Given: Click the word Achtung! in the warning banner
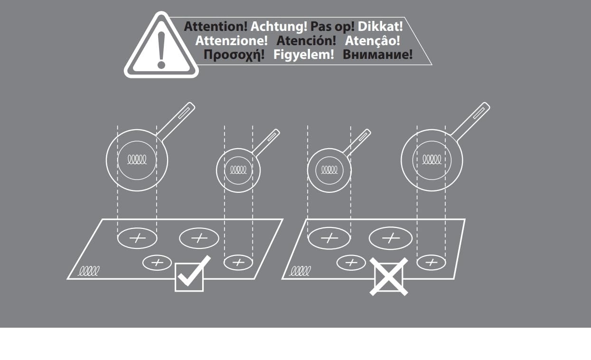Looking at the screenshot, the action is click(x=279, y=27).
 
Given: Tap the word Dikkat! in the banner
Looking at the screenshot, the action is click(x=380, y=27).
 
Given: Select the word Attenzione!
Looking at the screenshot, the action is click(x=231, y=41).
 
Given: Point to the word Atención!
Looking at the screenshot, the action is click(x=306, y=41).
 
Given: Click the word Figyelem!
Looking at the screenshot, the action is click(x=304, y=55).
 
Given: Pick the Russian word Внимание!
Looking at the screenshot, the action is click(x=377, y=55).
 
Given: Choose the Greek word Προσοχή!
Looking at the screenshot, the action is click(x=234, y=55).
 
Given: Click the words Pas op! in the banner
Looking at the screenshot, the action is click(x=332, y=27).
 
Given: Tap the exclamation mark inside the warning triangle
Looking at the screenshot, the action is click(x=161, y=50).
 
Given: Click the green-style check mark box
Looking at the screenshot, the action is click(x=189, y=277).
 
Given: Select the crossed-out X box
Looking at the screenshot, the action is click(x=389, y=276).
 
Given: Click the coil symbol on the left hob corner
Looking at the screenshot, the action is click(x=89, y=271).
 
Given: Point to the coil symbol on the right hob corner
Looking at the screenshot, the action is click(x=300, y=271).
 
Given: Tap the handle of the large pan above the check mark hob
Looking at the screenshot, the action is click(x=176, y=121).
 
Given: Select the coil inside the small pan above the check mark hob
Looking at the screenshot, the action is click(x=238, y=170).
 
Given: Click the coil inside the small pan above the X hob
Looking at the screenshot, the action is click(x=329, y=170).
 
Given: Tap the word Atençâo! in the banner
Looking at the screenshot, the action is click(x=373, y=41).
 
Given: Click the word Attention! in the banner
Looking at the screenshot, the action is click(x=216, y=27).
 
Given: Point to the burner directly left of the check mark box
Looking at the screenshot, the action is click(x=157, y=263).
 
